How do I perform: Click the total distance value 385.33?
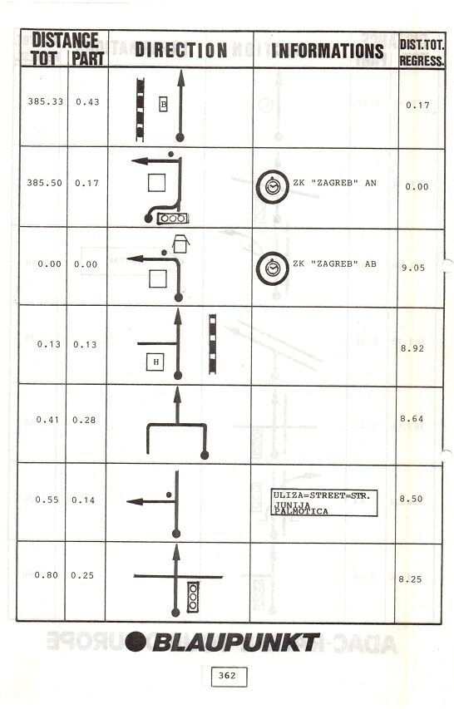(x=45, y=101)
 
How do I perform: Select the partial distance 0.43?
(x=87, y=102)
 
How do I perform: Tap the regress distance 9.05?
(x=413, y=268)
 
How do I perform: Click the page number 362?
(x=227, y=676)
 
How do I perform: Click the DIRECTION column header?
(x=181, y=50)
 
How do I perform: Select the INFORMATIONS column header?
(x=327, y=50)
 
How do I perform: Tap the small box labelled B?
(x=164, y=105)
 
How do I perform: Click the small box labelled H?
(x=155, y=362)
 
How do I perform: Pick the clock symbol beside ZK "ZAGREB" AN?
(x=272, y=186)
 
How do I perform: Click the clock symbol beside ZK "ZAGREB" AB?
(x=272, y=268)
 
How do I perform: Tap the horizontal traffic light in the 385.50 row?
(x=173, y=219)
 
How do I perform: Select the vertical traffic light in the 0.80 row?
(x=193, y=597)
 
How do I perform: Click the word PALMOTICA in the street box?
(x=301, y=511)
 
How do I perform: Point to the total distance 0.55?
(x=47, y=500)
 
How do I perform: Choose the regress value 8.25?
(x=410, y=579)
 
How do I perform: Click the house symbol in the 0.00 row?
(x=181, y=244)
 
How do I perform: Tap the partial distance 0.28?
(x=84, y=420)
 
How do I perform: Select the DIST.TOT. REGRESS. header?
(x=422, y=52)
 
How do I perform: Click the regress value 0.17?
(x=417, y=106)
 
